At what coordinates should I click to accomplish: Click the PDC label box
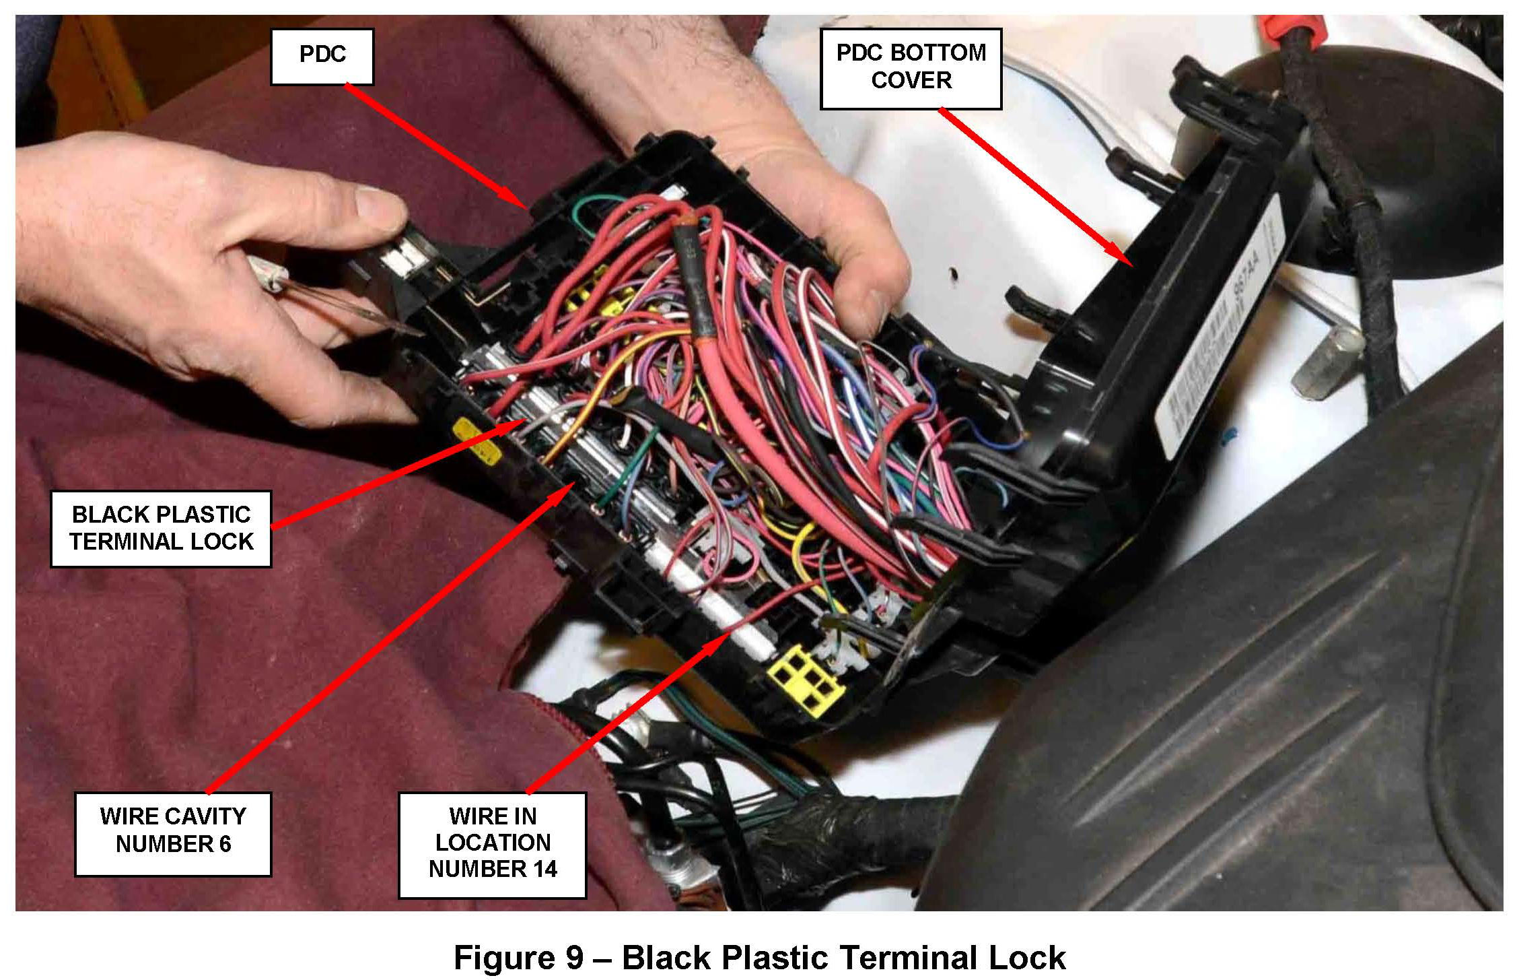[322, 56]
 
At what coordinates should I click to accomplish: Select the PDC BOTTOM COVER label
[911, 67]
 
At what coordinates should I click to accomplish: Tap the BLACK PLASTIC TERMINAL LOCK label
[161, 528]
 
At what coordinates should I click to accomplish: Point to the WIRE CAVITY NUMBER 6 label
[173, 834]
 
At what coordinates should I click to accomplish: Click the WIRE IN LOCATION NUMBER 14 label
[492, 845]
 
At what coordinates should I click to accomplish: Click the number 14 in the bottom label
[541, 869]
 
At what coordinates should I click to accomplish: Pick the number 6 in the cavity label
[223, 845]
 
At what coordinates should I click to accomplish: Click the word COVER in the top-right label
[911, 80]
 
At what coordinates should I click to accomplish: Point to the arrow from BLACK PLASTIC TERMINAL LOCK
[397, 473]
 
